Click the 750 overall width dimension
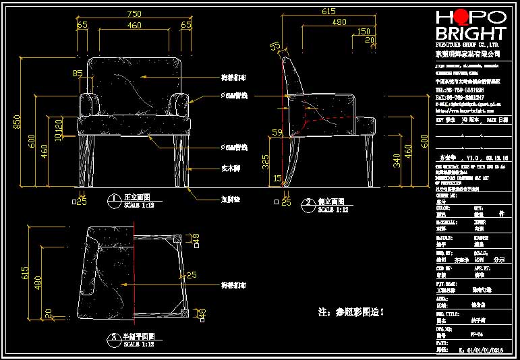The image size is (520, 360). point(134,13)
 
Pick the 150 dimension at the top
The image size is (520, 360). point(364,31)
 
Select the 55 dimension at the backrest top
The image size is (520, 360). point(275,46)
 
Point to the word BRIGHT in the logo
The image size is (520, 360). point(470,34)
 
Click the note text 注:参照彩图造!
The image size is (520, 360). point(351,312)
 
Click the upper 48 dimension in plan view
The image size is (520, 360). point(196,239)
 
